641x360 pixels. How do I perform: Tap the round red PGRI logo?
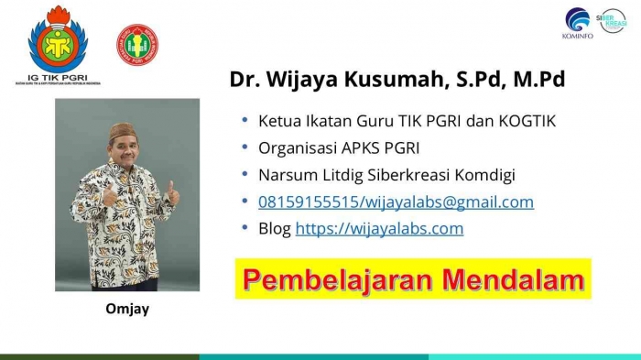point(136,43)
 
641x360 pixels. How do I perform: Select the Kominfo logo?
point(578,20)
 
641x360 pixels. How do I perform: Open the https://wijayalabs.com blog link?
point(379,228)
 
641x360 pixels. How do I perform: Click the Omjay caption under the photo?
point(126,310)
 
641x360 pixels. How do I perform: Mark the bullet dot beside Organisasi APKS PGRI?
point(244,147)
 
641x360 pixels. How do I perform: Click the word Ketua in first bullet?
point(278,120)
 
